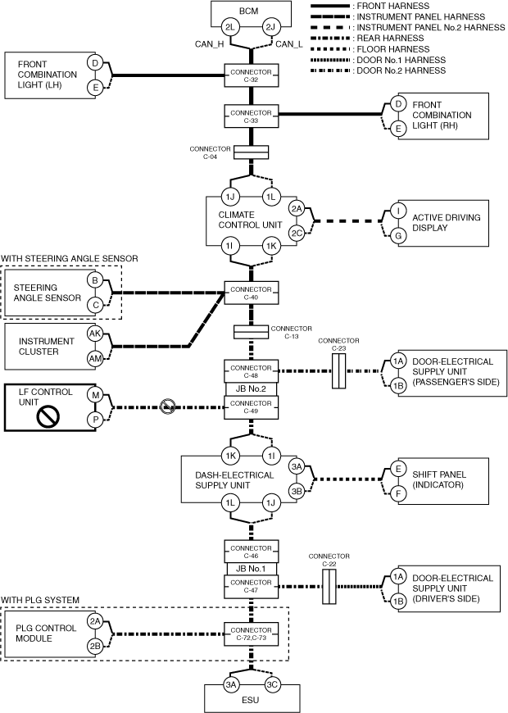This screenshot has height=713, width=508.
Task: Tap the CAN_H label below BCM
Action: pyautogui.click(x=211, y=44)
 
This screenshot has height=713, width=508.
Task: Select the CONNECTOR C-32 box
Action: pyautogui.click(x=250, y=77)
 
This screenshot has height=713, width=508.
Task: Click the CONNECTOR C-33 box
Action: pyautogui.click(x=250, y=116)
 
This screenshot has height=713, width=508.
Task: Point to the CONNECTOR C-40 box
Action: pyautogui.click(x=250, y=292)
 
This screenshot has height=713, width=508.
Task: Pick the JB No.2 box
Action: pyautogui.click(x=250, y=389)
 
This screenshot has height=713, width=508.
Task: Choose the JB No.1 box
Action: pyautogui.click(x=250, y=568)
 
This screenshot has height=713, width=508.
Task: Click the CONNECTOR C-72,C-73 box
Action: pyautogui.click(x=250, y=632)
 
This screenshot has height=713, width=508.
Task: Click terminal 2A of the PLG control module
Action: pyautogui.click(x=95, y=621)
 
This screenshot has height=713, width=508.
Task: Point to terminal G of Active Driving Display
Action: pyautogui.click(x=397, y=235)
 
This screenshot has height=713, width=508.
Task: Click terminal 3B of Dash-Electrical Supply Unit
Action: pyautogui.click(x=297, y=491)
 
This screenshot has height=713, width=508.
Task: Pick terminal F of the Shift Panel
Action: pyautogui.click(x=397, y=494)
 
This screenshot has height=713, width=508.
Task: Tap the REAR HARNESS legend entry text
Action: pyautogui.click(x=390, y=39)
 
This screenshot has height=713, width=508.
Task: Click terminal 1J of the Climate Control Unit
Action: pyautogui.click(x=230, y=197)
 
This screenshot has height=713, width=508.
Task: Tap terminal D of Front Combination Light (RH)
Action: pyautogui.click(x=397, y=104)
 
